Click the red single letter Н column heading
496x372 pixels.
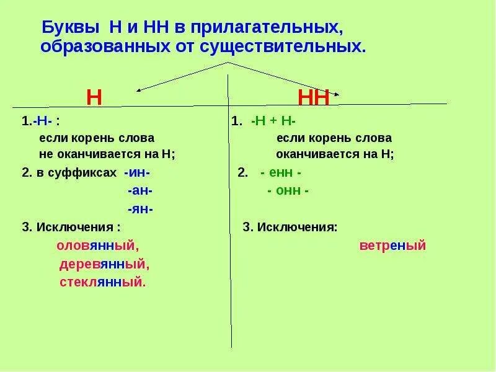coord(94,97)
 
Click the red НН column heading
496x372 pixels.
coord(314,98)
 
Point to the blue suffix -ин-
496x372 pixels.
coord(137,172)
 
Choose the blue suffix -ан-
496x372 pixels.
coord(140,191)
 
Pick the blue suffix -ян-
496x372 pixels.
coord(141,209)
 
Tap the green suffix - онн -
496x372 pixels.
coord(288,191)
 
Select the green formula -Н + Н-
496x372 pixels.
coord(273,122)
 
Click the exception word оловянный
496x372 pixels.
coord(97,246)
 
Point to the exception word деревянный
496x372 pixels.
coord(105,264)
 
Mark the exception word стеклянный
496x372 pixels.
coord(102,282)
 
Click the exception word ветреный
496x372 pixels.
coord(392,246)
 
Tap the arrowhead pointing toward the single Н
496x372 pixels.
coord(139,91)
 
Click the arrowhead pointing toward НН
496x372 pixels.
coord(337,94)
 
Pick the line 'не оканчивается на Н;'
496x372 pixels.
coord(107,154)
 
